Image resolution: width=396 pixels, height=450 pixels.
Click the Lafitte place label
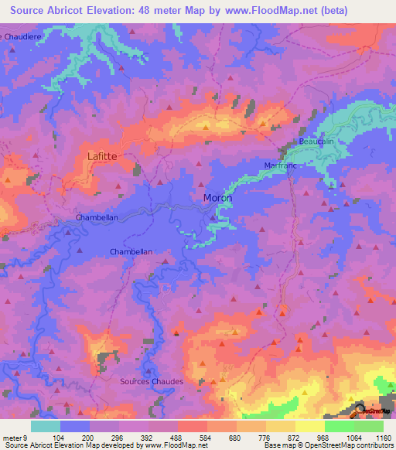tap(102, 155)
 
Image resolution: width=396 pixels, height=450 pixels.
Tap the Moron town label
tap(217, 198)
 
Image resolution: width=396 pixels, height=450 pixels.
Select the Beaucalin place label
tap(316, 142)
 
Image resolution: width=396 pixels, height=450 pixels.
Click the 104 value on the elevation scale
tap(60, 437)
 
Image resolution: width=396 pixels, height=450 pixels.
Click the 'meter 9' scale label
tap(15, 437)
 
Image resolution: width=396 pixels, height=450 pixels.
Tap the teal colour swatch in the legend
tap(46, 426)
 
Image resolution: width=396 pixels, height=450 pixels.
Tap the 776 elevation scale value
tap(265, 437)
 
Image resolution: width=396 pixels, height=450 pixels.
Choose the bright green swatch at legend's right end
tap(368, 426)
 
